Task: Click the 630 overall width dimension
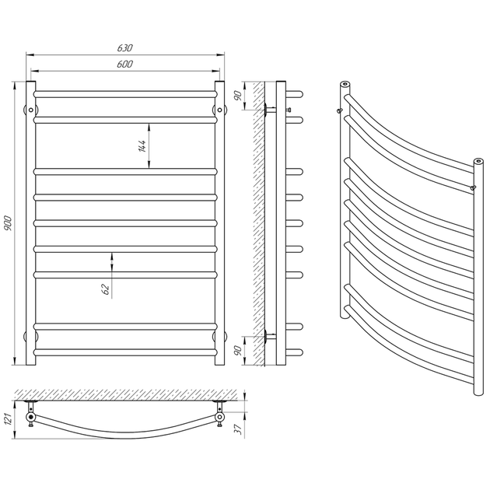coord(125,47)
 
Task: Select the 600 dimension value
coord(125,64)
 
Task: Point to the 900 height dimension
coord(8,223)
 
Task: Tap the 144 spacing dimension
coord(142,146)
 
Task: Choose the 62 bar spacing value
coord(107,289)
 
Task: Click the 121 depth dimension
coord(8,418)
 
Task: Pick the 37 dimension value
coord(239,429)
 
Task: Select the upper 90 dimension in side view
coord(238,96)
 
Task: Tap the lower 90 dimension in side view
coord(238,350)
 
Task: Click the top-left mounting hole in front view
coord(31,110)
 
